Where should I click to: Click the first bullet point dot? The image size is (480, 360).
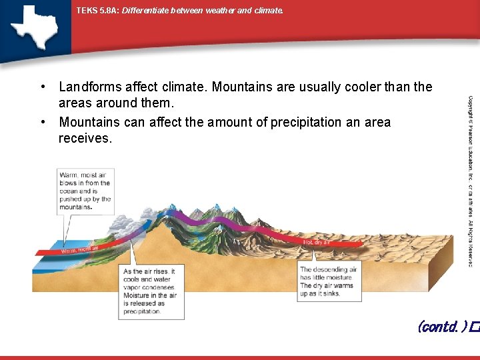[x=42, y=87]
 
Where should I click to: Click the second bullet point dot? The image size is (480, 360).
[x=42, y=123]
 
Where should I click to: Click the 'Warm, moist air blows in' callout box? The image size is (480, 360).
[x=85, y=191]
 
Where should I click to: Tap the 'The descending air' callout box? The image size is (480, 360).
[x=328, y=281]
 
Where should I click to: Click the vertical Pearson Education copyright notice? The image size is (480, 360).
[x=470, y=180]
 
